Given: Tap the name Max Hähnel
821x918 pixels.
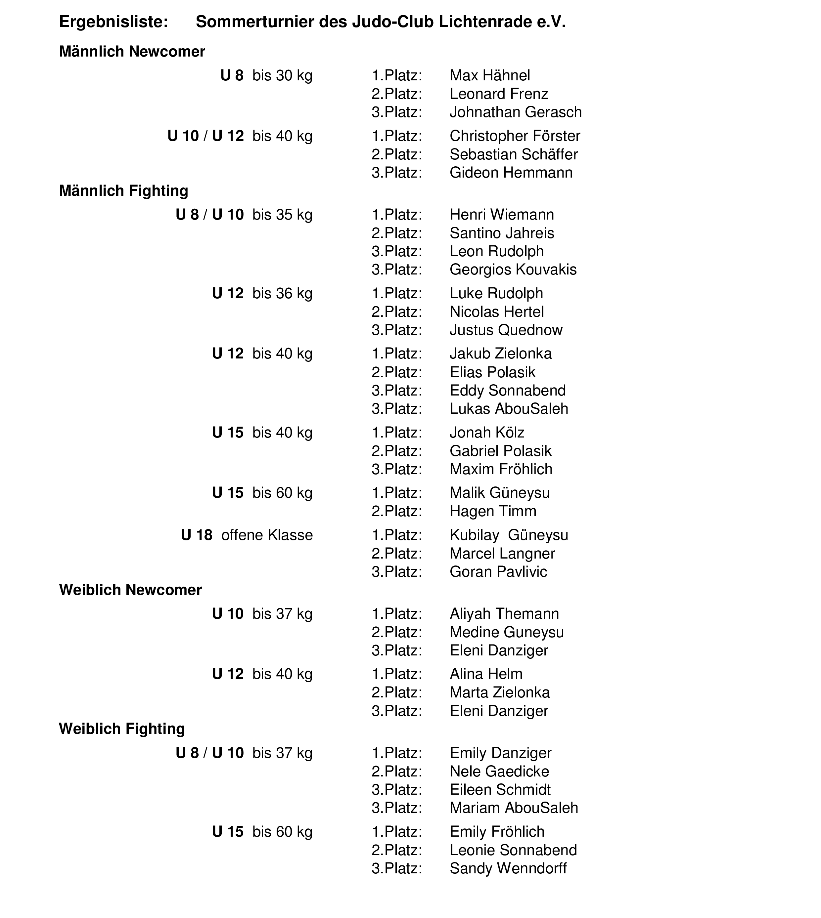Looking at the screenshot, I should click(x=490, y=75).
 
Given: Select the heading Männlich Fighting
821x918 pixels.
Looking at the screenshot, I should click(x=124, y=191).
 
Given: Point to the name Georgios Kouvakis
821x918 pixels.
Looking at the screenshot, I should click(x=513, y=270).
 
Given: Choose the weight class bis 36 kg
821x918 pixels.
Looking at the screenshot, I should click(x=282, y=294).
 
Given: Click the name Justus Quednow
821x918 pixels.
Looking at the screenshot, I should click(x=506, y=330).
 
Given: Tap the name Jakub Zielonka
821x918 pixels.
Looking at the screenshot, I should click(x=500, y=354).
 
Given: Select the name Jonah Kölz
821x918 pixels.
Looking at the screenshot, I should click(x=487, y=433).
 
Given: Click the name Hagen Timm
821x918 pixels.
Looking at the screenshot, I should click(x=493, y=511).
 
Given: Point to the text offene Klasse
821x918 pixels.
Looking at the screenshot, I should click(x=267, y=535).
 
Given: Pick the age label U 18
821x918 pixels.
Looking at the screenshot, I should click(x=197, y=535).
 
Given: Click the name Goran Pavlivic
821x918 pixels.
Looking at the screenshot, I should click(x=498, y=572).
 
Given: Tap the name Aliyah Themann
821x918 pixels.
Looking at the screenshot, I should click(x=504, y=614).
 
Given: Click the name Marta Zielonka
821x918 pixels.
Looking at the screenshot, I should click(x=499, y=692).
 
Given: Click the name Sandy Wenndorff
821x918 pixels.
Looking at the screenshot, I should click(x=508, y=868).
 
